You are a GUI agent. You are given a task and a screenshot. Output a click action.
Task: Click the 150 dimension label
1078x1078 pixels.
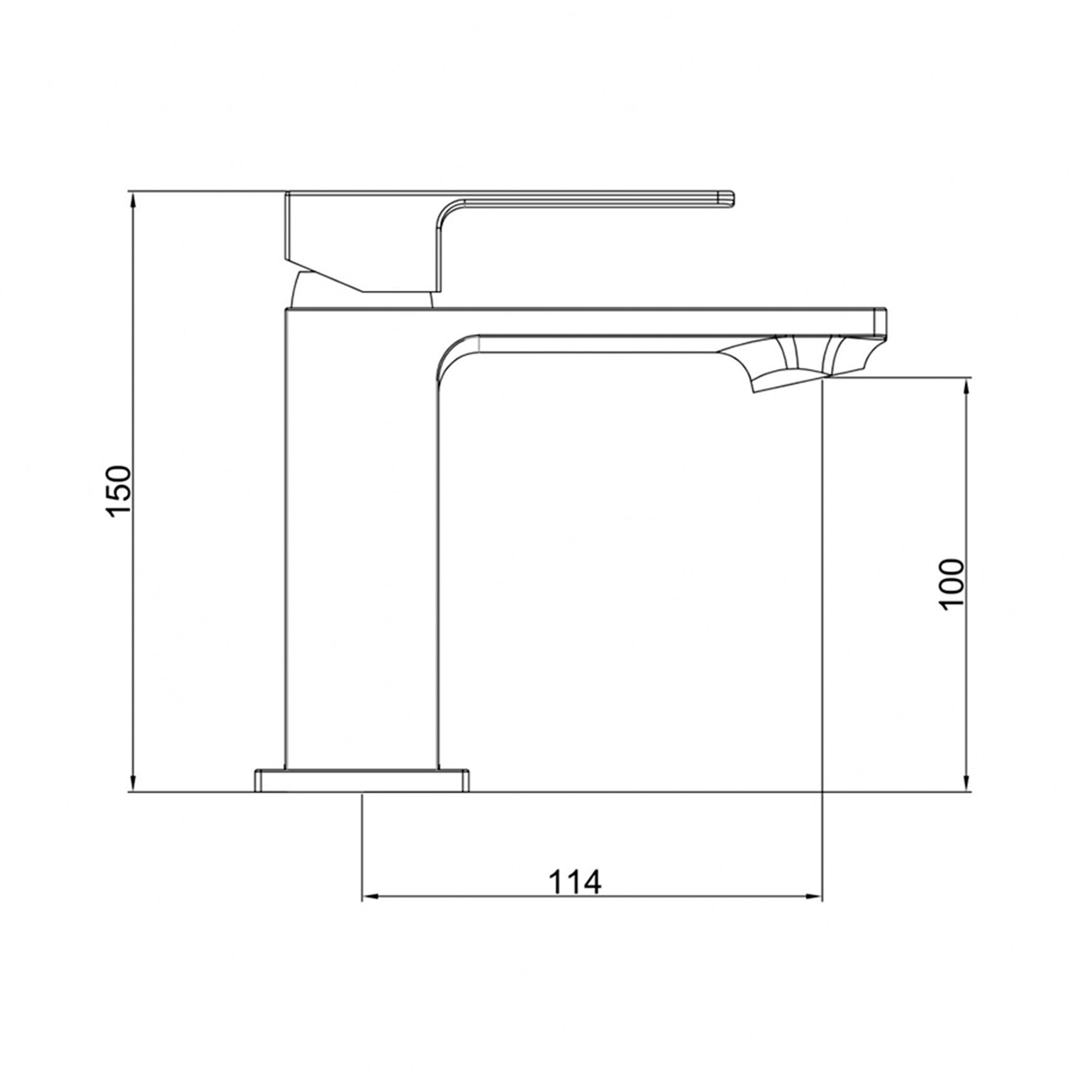[119, 491]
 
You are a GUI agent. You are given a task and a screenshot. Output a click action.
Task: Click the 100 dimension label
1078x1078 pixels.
[952, 584]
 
